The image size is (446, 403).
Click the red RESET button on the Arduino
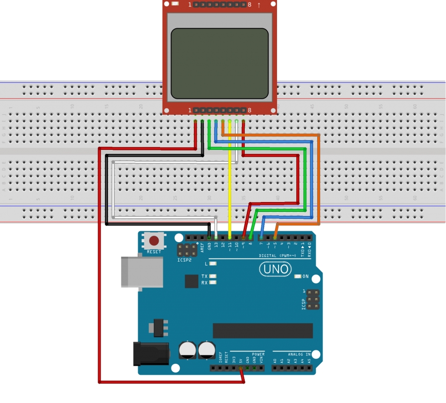pyautogui.click(x=155, y=241)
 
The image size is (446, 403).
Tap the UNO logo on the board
pyautogui.click(x=276, y=269)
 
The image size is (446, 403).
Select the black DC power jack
pyautogui.click(x=151, y=353)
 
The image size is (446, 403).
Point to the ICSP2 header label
pyautogui.click(x=184, y=260)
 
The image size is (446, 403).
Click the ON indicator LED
pyautogui.click(x=298, y=276)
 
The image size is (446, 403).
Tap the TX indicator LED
pyautogui.click(x=214, y=276)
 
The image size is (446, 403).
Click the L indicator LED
pyautogui.click(x=214, y=264)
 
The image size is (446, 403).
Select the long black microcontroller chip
pyautogui.click(x=263, y=331)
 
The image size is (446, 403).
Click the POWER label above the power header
pyautogui.click(x=258, y=354)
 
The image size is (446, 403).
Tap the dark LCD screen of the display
pyautogui.click(x=220, y=63)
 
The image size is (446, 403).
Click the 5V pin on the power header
pyautogui.click(x=241, y=368)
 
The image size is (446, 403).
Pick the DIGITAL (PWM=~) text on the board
pyautogui.click(x=280, y=256)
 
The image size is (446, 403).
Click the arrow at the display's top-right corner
pyautogui.click(x=259, y=5)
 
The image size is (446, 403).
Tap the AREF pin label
pyautogui.click(x=202, y=247)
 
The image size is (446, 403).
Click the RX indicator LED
pyautogui.click(x=214, y=282)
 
